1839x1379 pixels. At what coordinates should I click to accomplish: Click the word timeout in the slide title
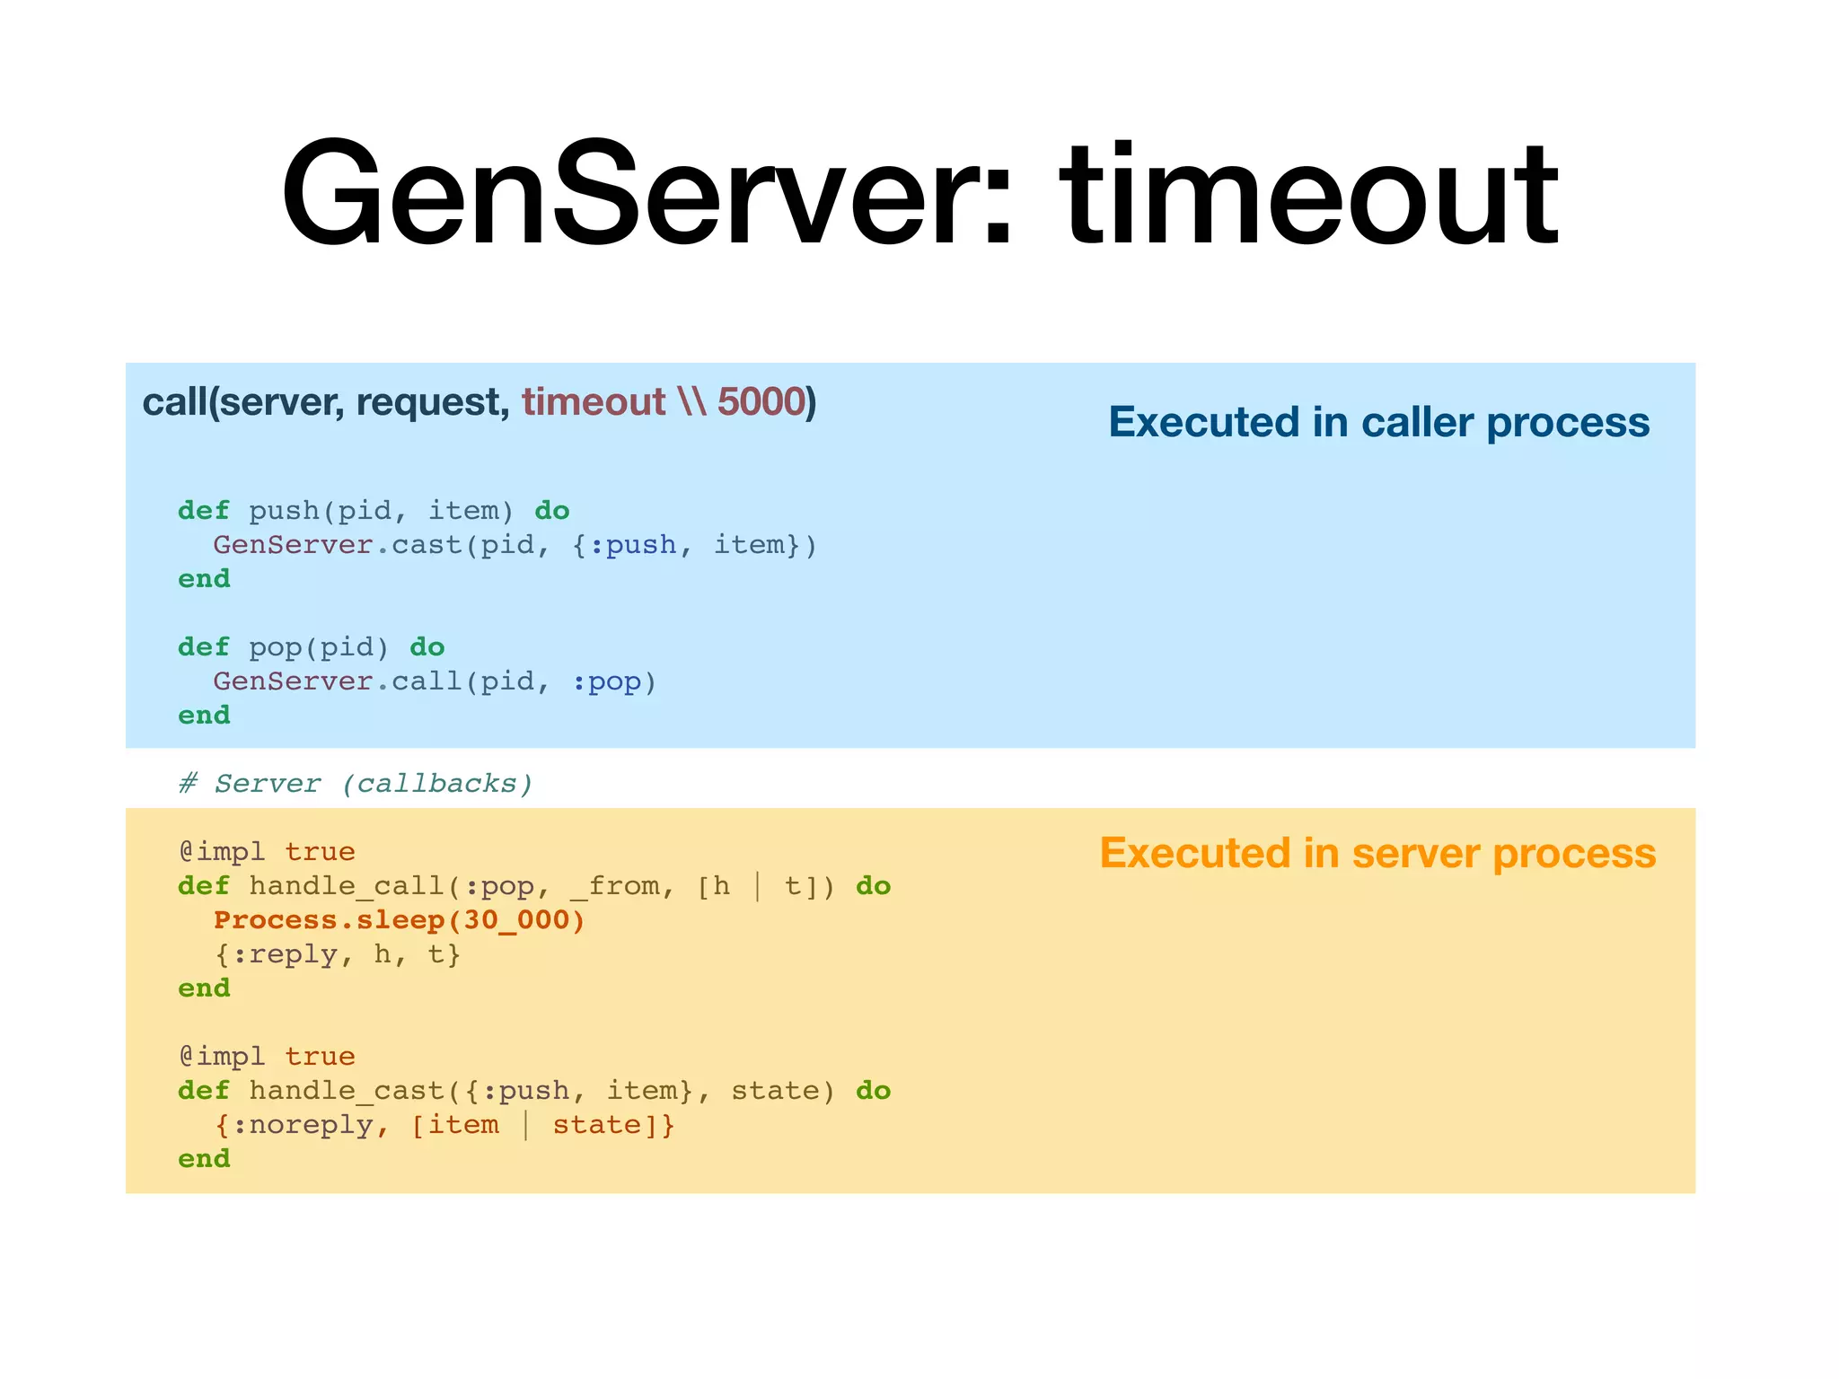point(1311,193)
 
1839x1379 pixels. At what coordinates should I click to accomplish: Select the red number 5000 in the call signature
point(761,401)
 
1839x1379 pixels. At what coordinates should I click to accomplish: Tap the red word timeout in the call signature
point(594,401)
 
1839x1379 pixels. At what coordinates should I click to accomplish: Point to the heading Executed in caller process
point(1378,422)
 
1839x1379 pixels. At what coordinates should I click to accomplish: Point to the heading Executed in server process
point(1377,853)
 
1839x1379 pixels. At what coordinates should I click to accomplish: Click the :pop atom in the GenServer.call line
point(606,681)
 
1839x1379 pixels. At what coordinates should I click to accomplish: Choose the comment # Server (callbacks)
point(356,784)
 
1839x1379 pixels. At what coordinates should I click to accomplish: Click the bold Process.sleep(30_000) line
point(400,920)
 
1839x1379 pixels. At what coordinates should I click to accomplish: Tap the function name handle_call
point(347,886)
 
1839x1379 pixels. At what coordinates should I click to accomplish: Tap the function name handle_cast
point(347,1091)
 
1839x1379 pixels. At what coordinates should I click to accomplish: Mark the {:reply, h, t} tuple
point(338,954)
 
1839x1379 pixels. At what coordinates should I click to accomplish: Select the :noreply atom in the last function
point(302,1125)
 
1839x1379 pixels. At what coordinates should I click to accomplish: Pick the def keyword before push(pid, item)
point(204,511)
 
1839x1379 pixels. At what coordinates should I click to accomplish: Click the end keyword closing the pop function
point(204,716)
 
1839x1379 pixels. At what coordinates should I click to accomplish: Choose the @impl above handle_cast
point(222,1057)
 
